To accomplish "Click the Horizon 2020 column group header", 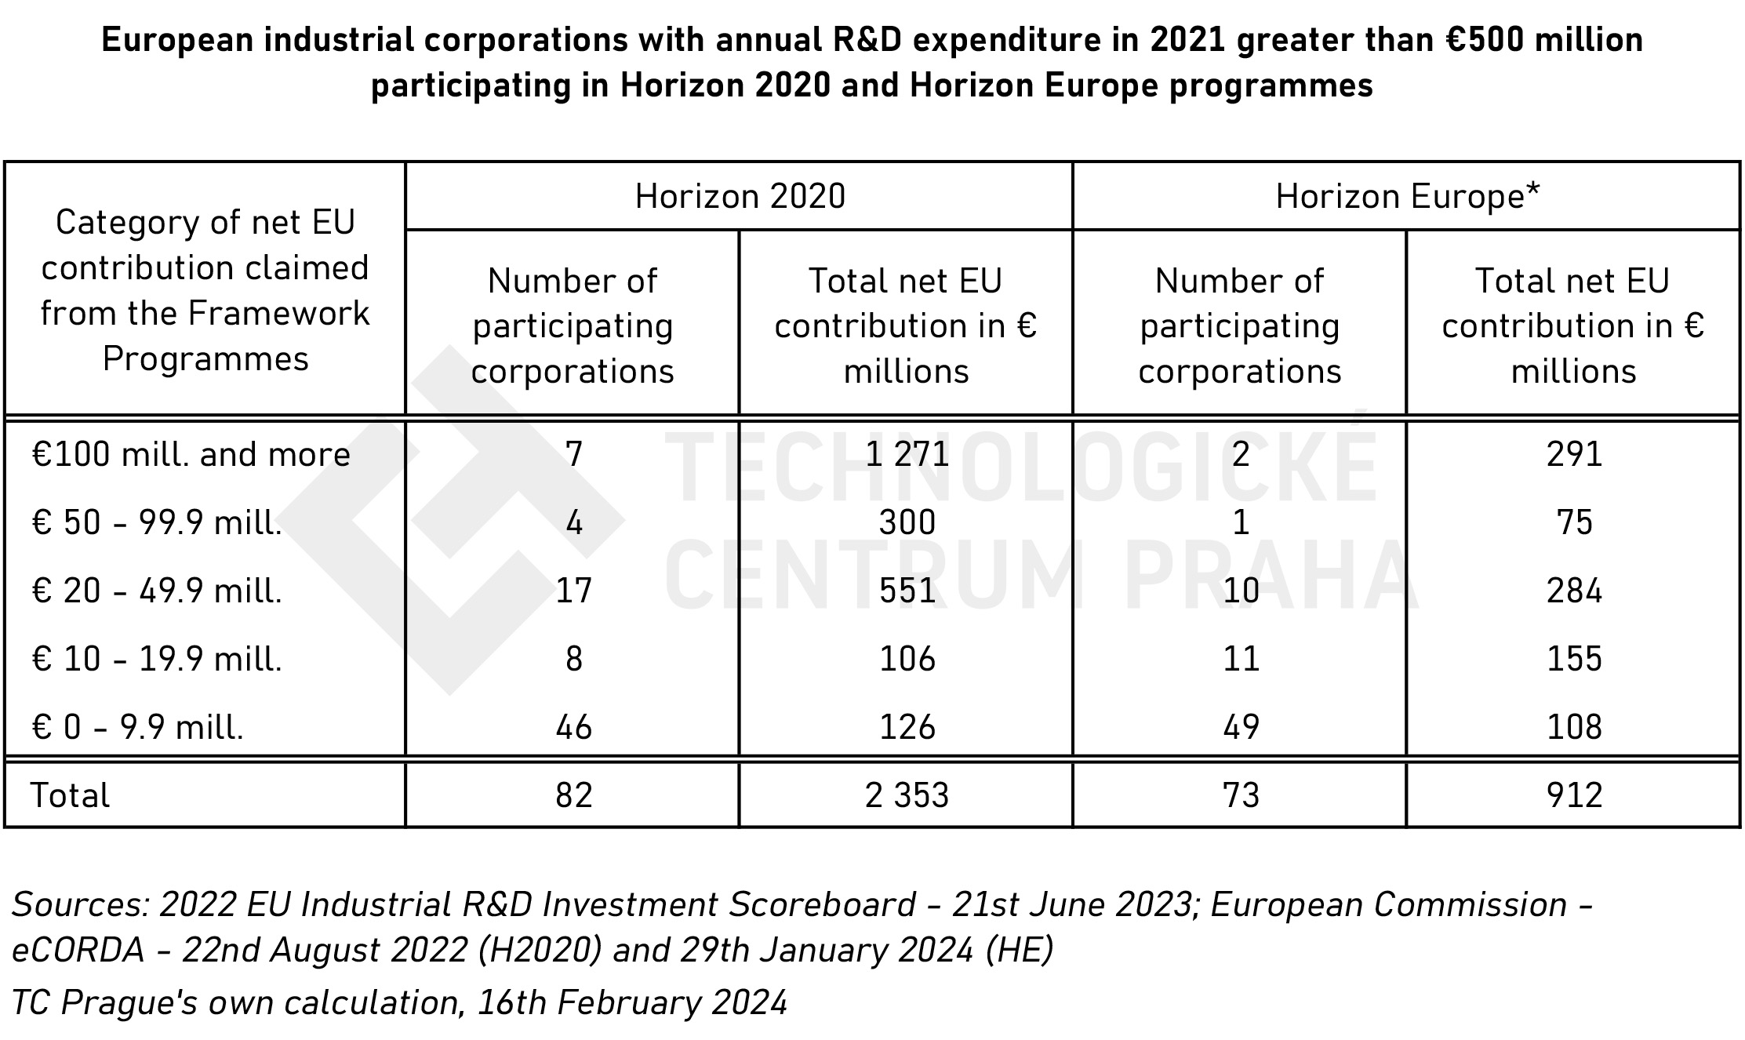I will pos(740,196).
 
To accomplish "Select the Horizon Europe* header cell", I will pos(1407,196).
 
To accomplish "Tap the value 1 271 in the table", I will pos(907,454).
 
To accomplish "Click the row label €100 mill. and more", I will pos(191,454).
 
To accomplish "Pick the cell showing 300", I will pos(907,522).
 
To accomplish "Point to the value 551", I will pos(907,591).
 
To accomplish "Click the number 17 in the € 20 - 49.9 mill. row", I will pos(573,591).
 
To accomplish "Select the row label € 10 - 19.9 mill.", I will pos(157,659).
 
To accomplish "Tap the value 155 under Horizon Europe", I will pos(1573,659).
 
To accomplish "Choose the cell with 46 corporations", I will pos(573,727).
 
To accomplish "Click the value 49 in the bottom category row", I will pos(1241,727).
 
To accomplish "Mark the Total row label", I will pos(70,795).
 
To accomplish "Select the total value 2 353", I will pos(907,795).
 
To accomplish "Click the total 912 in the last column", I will pos(1573,795).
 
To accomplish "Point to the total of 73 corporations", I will pos(1241,795).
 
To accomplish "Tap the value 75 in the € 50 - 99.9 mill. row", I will pos(1573,522).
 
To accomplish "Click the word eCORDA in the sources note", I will pos(78,951).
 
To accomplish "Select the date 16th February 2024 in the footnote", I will pos(632,1002).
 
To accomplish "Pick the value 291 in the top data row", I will pos(1573,454).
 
